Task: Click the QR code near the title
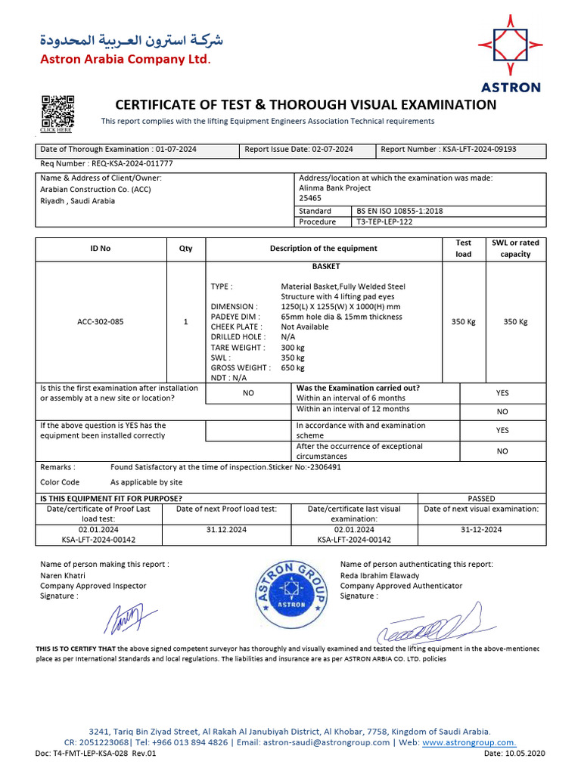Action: [57, 110]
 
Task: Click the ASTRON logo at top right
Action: [510, 51]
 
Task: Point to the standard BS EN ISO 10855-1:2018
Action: [399, 211]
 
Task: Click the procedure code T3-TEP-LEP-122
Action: [385, 222]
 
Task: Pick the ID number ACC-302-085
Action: [101, 322]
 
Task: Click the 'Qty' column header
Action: [185, 249]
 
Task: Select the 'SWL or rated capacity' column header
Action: [515, 248]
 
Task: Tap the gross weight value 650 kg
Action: [292, 367]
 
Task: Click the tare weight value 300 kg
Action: [292, 348]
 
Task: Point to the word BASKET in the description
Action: [326, 267]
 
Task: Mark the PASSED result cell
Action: [481, 498]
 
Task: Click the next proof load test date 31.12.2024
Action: [227, 530]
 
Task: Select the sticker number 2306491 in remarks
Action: [323, 467]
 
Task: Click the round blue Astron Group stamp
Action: [290, 594]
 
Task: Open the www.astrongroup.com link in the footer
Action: [468, 743]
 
